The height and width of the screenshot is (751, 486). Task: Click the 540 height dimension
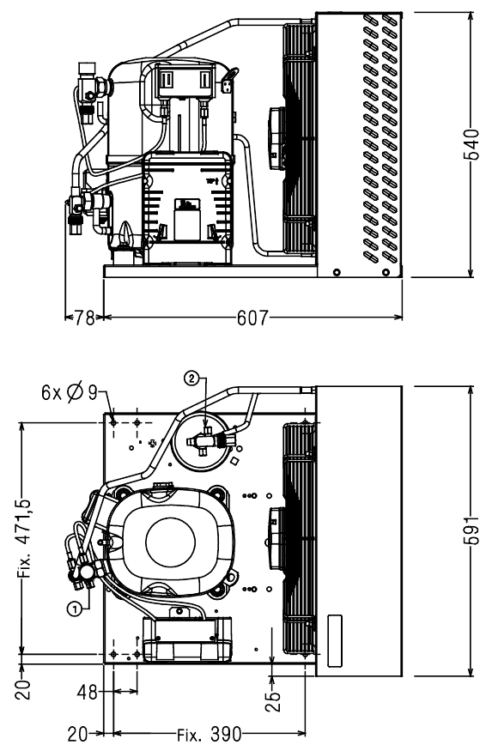pos(471,144)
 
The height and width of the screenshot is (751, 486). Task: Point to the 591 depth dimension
pos(471,530)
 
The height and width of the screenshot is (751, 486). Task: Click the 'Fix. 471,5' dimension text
pos(25,539)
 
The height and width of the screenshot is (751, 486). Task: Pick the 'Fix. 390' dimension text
pos(209,734)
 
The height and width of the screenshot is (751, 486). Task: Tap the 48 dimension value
pos(88,692)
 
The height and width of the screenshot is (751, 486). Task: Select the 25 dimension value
pos(272,701)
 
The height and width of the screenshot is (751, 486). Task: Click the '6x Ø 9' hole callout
pos(69,393)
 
